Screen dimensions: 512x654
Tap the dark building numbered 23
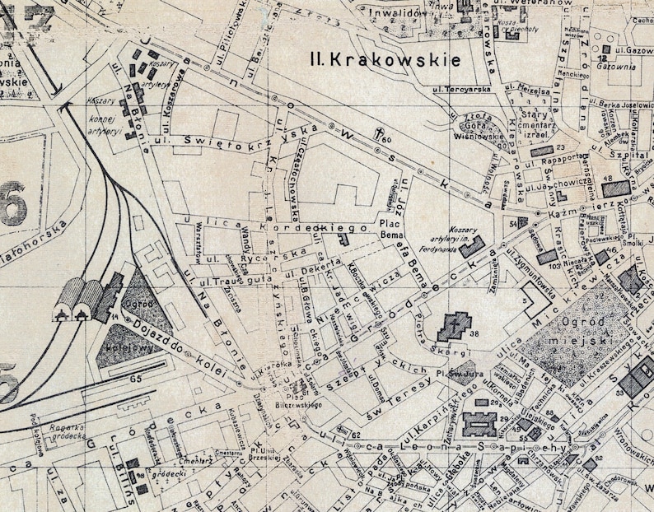(x=540, y=151)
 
